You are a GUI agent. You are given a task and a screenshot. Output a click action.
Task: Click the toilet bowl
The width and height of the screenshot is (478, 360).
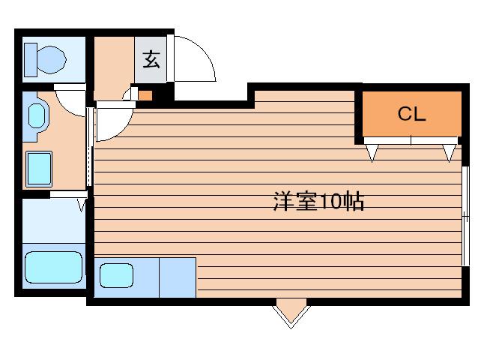[x=51, y=60]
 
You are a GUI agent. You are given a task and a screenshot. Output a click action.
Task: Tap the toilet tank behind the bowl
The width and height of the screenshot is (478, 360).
[x=31, y=60]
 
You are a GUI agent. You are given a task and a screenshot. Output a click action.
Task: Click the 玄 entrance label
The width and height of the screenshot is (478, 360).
[x=151, y=59]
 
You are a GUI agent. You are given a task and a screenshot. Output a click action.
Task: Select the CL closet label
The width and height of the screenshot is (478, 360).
[x=411, y=114]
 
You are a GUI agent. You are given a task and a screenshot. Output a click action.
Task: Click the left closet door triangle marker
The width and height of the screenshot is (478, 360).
[x=372, y=153]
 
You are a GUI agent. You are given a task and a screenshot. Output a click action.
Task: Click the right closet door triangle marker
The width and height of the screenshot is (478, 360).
[x=450, y=153]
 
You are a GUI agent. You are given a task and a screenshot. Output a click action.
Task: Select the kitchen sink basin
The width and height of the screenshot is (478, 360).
[x=116, y=275]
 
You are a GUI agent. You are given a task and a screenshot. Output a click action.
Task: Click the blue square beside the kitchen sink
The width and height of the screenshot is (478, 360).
[x=178, y=277]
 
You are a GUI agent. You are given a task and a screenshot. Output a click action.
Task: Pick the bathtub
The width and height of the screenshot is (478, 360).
[x=54, y=267]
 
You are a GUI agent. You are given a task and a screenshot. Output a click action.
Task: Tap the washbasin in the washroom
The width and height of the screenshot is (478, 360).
[x=37, y=115]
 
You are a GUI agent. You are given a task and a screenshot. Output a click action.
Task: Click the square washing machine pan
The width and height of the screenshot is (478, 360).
[x=39, y=169]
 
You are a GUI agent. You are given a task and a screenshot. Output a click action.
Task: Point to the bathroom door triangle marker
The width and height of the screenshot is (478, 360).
[x=81, y=205]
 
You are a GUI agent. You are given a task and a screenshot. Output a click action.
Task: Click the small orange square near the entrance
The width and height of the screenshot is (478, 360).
[x=145, y=95]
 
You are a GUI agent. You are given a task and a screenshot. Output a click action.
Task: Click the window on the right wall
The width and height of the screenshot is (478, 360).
[x=465, y=216]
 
